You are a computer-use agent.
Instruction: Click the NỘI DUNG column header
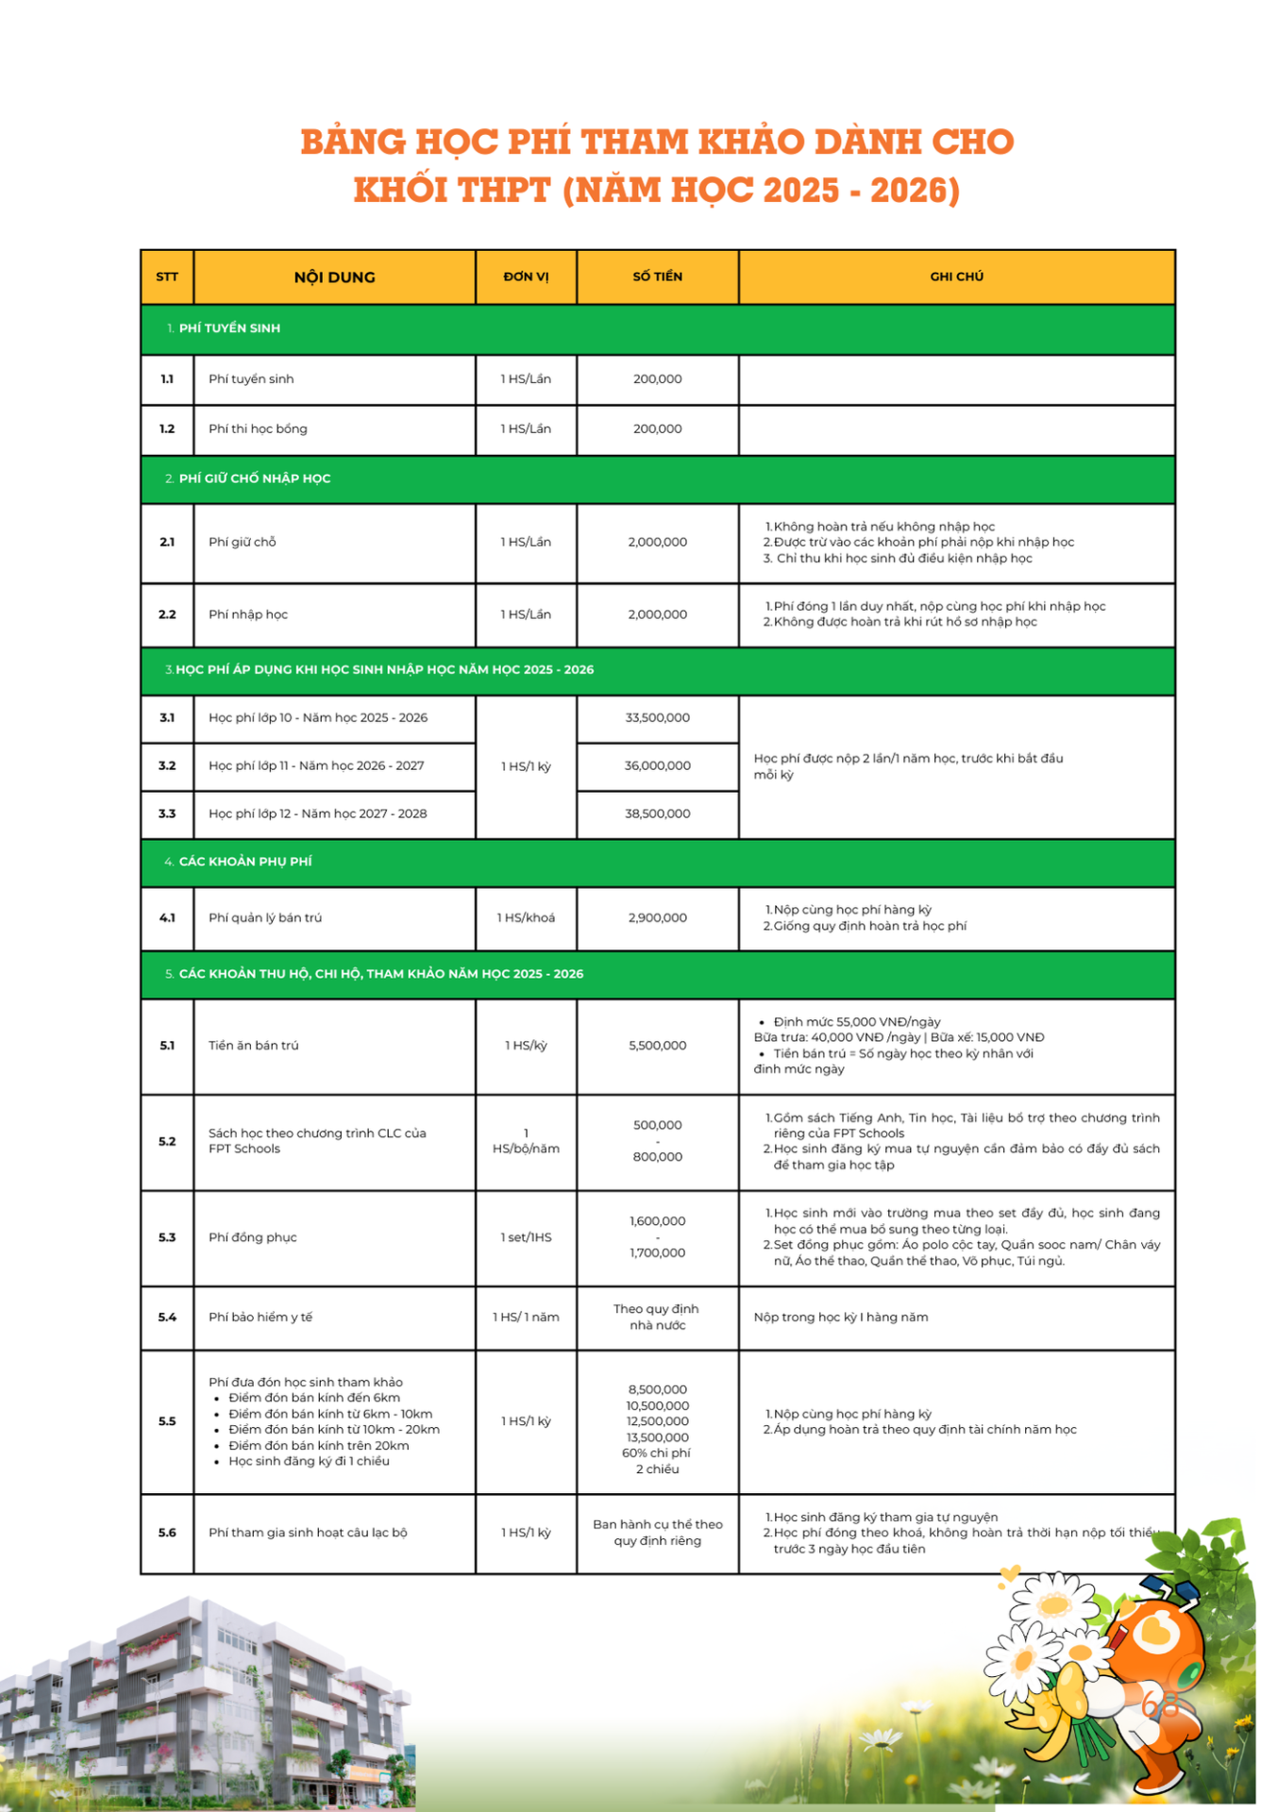tap(334, 277)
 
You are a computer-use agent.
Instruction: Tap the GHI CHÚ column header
tap(956, 277)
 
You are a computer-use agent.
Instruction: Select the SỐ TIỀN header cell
tap(657, 277)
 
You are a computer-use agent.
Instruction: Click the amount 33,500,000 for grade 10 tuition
tap(657, 718)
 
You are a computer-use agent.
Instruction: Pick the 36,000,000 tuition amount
tap(657, 766)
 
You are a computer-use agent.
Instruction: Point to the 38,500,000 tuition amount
tap(657, 814)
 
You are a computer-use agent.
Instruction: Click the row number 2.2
tap(167, 614)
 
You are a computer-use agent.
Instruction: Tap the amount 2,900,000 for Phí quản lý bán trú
tap(657, 918)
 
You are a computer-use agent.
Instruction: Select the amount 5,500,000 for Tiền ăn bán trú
tap(657, 1046)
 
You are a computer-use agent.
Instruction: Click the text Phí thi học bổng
tap(258, 429)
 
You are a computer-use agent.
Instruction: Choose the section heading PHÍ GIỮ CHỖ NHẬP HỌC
tap(255, 479)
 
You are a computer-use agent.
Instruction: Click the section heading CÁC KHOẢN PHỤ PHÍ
tap(245, 862)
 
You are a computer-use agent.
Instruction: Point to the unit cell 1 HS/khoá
tap(526, 918)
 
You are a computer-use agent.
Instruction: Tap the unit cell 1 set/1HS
tap(526, 1237)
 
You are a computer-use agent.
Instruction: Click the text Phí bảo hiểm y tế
tap(260, 1317)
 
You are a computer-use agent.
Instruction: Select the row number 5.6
tap(167, 1533)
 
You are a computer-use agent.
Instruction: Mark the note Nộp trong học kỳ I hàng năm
tap(841, 1317)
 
